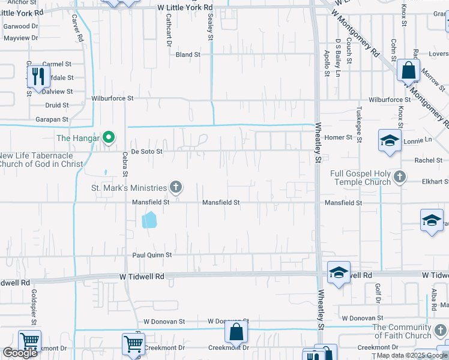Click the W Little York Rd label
click(x=185, y=7)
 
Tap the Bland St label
click(x=188, y=55)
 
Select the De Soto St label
click(x=147, y=152)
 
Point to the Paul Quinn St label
click(x=152, y=255)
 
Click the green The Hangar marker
click(x=108, y=138)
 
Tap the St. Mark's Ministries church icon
click(x=176, y=187)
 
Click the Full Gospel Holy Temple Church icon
click(x=400, y=178)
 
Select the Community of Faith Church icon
click(x=441, y=331)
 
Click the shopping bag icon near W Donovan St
click(x=237, y=331)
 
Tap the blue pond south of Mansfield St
click(x=149, y=220)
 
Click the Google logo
click(x=20, y=353)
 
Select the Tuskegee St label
click(x=359, y=124)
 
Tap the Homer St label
click(x=339, y=137)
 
